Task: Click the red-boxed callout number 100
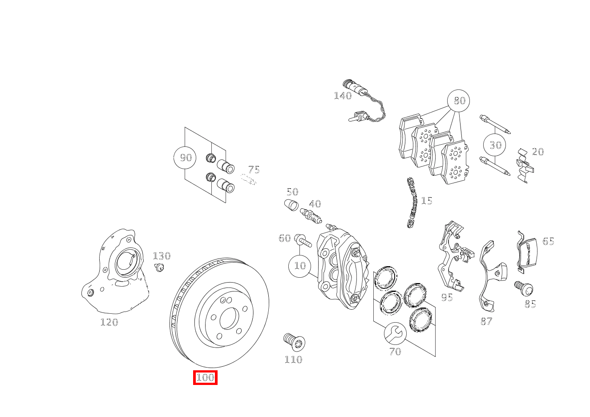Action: coord(205,378)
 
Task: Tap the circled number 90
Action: coord(185,158)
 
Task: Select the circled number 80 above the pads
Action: coord(459,101)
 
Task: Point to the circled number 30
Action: coord(495,145)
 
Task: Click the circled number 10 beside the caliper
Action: coord(300,266)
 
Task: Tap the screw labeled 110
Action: coord(294,342)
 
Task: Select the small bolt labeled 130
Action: coord(159,267)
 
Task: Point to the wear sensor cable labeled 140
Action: coord(367,105)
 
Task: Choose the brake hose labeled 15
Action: coord(412,202)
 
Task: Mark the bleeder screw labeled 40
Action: coord(311,216)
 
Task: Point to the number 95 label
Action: coord(447,297)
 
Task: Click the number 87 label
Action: coord(486,321)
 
